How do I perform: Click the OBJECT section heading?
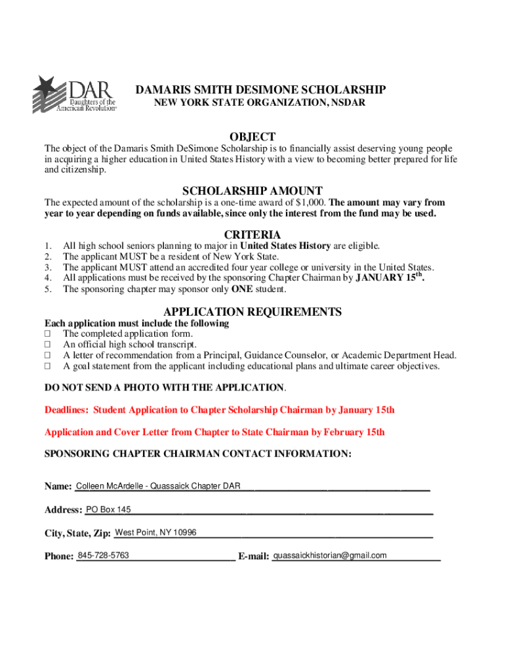coord(253,136)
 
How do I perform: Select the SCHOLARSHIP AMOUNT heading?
coord(253,190)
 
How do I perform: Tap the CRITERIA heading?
coord(253,234)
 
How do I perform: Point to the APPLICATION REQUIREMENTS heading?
coord(253,312)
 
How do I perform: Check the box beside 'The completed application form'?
coord(47,334)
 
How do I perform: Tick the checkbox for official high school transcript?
coord(47,345)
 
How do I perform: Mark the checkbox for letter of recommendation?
coord(47,356)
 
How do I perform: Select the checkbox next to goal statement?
coord(47,366)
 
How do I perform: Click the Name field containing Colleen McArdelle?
coord(158,486)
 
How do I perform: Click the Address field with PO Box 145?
coord(108,510)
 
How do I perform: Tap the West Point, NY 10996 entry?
coord(155,532)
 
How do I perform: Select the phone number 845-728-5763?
coord(103,556)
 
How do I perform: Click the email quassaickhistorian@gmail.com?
coord(330,556)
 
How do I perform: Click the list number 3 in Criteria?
coord(47,268)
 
